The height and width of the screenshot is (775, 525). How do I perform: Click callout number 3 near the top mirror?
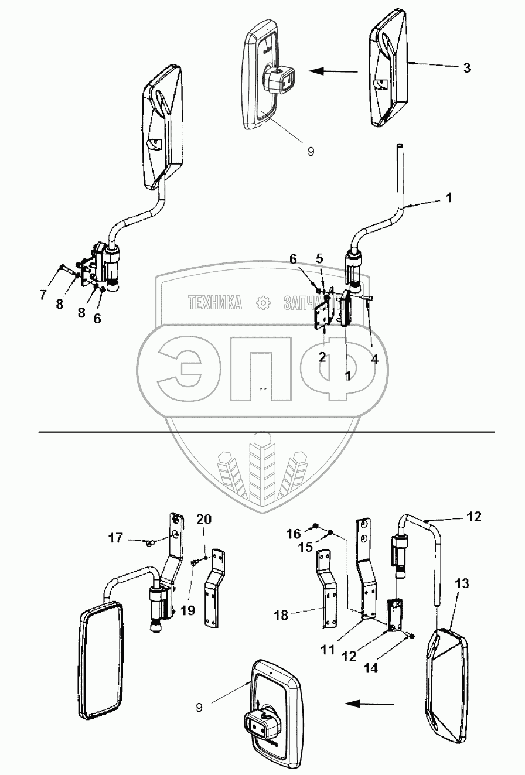click(x=466, y=67)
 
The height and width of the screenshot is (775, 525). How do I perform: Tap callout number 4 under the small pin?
click(x=374, y=360)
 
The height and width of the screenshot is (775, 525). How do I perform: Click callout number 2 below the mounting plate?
click(x=322, y=357)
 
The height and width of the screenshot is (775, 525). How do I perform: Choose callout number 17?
click(x=115, y=538)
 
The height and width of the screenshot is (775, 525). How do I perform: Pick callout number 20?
click(x=204, y=519)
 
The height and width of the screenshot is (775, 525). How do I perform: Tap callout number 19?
click(x=187, y=610)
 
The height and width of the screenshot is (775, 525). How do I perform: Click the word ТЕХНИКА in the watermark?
click(x=215, y=302)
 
